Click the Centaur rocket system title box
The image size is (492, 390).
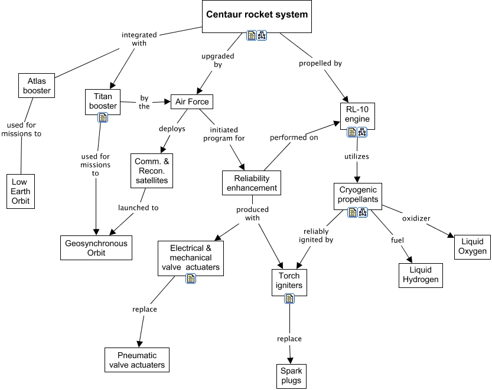(x=256, y=15)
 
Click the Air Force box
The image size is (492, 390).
(x=191, y=101)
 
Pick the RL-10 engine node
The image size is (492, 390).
(x=358, y=114)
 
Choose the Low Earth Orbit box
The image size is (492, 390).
(x=21, y=191)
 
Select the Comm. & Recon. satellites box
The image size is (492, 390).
(x=152, y=171)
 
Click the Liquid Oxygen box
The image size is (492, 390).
(x=471, y=245)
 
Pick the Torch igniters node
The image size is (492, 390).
(x=289, y=280)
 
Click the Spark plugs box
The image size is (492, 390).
(x=291, y=375)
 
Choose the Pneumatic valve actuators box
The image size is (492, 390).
(x=137, y=360)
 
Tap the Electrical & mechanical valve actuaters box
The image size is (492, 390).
(x=191, y=257)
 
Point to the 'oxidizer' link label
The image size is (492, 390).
(x=416, y=218)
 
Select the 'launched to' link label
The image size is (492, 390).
(x=138, y=208)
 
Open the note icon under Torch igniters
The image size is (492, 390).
(x=289, y=299)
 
